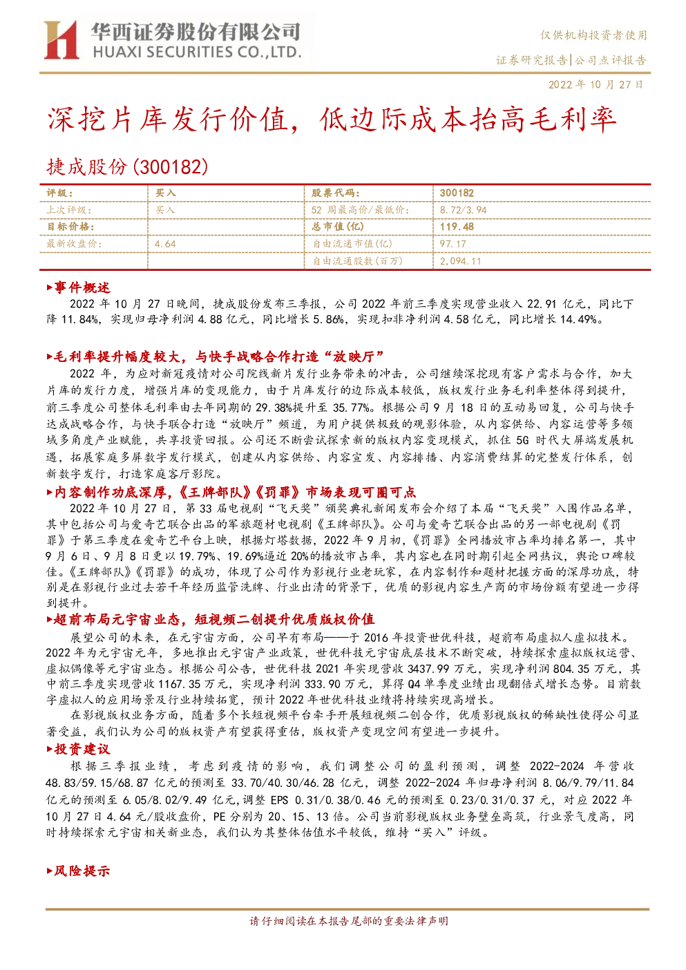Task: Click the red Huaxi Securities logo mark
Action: [x=61, y=40]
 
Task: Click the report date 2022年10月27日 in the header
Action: [x=596, y=84]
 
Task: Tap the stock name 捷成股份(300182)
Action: [x=127, y=167]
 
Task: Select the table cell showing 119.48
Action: [x=457, y=227]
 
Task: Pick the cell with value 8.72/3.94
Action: [x=463, y=210]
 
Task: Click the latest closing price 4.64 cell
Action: [x=165, y=244]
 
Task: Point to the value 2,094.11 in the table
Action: [x=460, y=261]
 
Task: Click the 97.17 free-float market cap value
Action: [x=452, y=244]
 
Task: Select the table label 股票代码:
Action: [x=335, y=193]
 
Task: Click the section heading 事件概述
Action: [x=78, y=287]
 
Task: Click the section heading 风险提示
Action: [x=78, y=871]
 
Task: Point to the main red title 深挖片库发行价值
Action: [x=168, y=120]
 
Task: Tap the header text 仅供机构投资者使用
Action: [x=593, y=35]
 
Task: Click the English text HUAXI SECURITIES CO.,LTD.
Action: [x=197, y=53]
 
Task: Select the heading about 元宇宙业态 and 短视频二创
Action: [x=211, y=619]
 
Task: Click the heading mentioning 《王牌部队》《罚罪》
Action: [x=231, y=492]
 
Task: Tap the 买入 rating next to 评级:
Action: [x=165, y=193]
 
